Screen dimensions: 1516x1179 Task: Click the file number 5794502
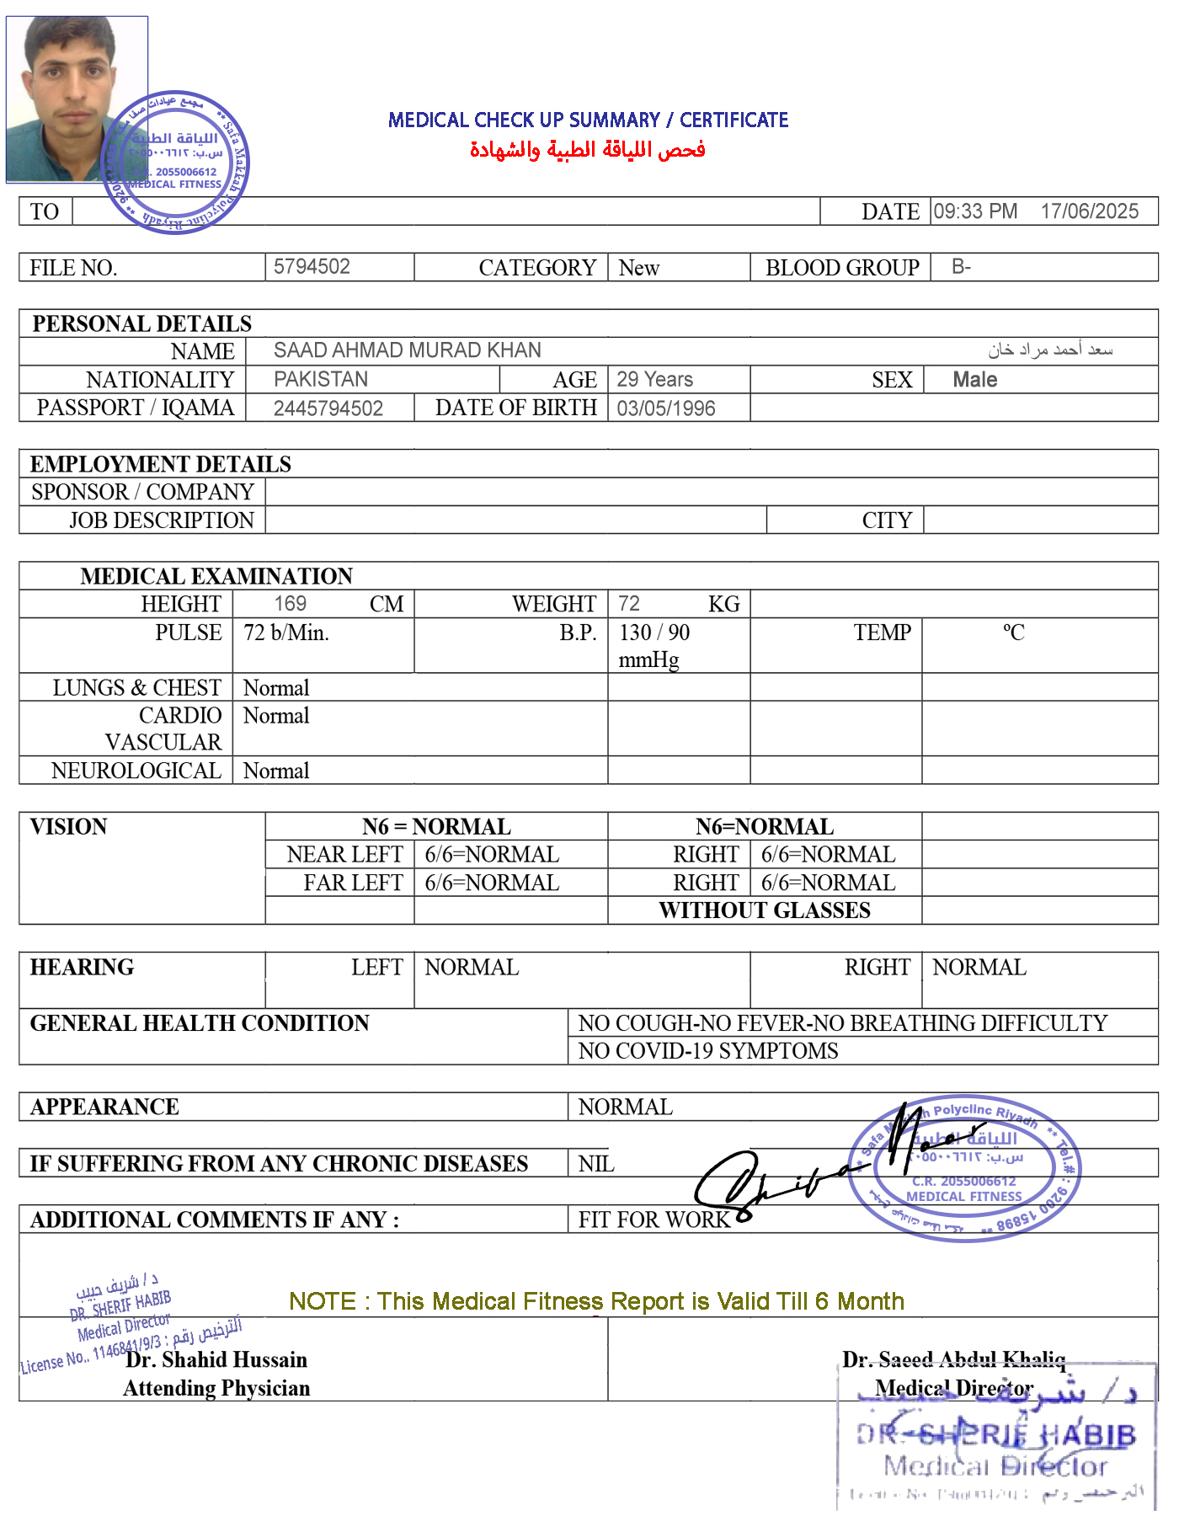[312, 267]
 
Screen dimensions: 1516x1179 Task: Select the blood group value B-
[961, 267]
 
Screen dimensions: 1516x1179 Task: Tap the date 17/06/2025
[1089, 211]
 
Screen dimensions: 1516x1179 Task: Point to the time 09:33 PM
[975, 211]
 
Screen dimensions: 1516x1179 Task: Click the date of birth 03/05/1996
[665, 408]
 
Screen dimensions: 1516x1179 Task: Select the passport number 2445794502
[328, 408]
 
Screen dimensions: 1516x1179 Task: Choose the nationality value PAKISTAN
[321, 380]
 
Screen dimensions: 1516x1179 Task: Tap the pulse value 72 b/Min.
[286, 633]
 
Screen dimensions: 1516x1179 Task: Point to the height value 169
[290, 604]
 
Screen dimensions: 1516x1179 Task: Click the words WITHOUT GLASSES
[764, 910]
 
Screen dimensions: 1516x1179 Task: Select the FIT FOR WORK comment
[654, 1220]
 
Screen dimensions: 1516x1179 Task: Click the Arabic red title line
[587, 150]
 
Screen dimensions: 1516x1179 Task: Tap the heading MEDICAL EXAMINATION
[216, 576]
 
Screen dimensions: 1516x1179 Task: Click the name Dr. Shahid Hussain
[216, 1359]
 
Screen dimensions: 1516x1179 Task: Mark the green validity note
[596, 1301]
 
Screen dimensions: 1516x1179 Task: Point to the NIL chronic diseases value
[596, 1164]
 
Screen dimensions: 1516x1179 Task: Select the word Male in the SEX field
[974, 380]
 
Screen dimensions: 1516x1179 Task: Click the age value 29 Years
[654, 380]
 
